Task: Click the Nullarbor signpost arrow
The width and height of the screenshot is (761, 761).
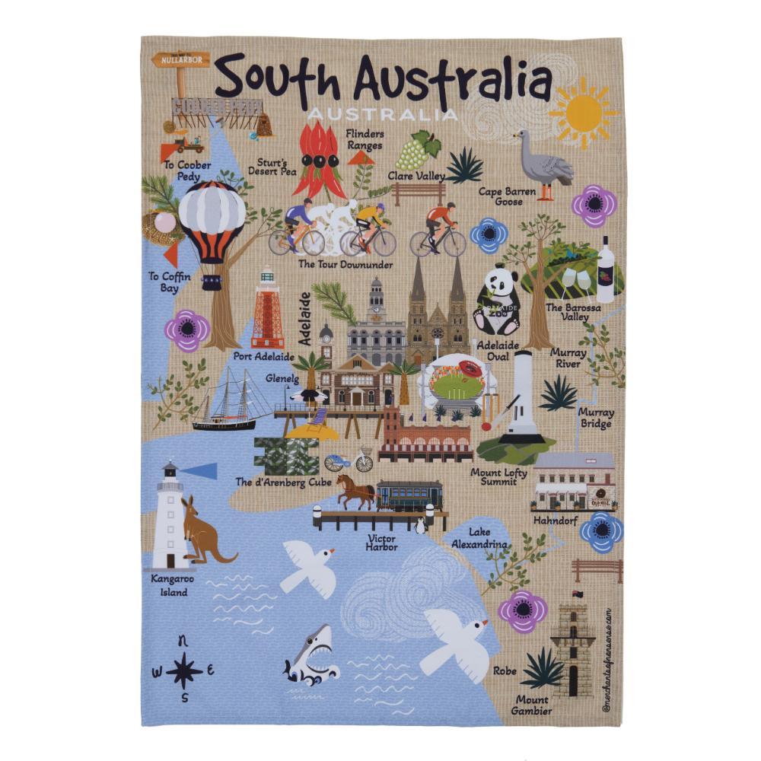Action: pyautogui.click(x=180, y=59)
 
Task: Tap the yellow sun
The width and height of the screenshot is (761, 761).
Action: pyautogui.click(x=584, y=111)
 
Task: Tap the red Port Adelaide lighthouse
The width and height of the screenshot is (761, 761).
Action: pyautogui.click(x=267, y=309)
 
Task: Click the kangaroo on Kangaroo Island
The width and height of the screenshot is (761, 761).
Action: pyautogui.click(x=202, y=533)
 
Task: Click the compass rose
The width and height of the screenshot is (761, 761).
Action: pyautogui.click(x=184, y=670)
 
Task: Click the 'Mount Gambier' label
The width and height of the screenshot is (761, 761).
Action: pyautogui.click(x=532, y=705)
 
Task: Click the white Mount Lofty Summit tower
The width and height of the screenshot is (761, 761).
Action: pyautogui.click(x=523, y=397)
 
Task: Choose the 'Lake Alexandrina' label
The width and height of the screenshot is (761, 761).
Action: pyautogui.click(x=479, y=538)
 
